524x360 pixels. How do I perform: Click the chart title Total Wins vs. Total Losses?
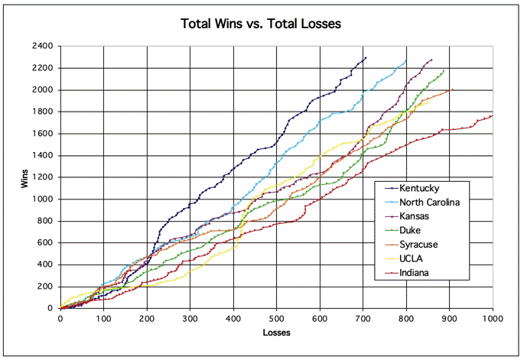point(261,24)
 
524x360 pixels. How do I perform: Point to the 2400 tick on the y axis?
point(44,46)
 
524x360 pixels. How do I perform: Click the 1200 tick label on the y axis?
point(44,177)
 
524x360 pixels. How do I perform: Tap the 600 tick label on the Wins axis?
point(46,243)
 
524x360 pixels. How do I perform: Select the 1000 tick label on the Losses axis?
point(493,318)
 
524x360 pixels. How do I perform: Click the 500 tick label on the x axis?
point(276,318)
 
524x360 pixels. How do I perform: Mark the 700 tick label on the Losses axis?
point(363,318)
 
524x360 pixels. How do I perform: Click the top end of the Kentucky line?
point(366,57)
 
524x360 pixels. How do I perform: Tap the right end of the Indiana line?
point(493,115)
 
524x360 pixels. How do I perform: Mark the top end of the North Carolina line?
point(406,60)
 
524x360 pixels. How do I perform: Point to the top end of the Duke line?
point(444,70)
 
